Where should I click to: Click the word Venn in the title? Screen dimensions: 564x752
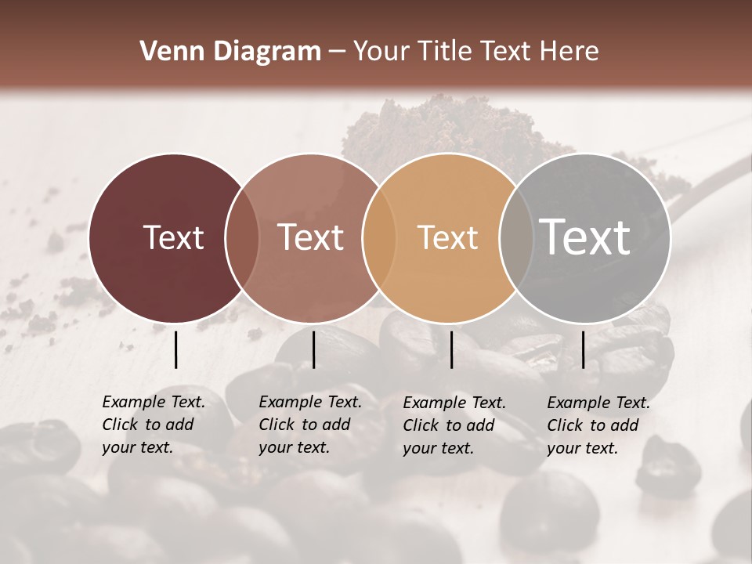pyautogui.click(x=170, y=52)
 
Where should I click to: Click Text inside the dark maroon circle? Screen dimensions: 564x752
pyautogui.click(x=173, y=237)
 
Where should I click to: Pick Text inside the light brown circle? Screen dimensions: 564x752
pyautogui.click(x=310, y=237)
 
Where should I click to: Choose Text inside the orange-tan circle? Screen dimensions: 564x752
pyautogui.click(x=447, y=237)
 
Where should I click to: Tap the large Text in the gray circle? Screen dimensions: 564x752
pyautogui.click(x=585, y=237)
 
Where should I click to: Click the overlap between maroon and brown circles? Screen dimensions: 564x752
pyautogui.click(x=242, y=238)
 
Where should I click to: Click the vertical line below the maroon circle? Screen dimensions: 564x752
pyautogui.click(x=175, y=349)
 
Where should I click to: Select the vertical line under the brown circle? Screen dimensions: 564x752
pyautogui.click(x=313, y=349)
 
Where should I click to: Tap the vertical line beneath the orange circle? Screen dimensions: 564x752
pyautogui.click(x=451, y=349)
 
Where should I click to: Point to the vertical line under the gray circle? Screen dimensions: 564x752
pyautogui.click(x=583, y=349)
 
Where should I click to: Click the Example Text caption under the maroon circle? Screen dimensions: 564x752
pyautogui.click(x=153, y=425)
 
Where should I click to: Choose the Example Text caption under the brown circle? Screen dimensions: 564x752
pyautogui.click(x=309, y=425)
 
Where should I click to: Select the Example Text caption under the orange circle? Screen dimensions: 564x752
pyautogui.click(x=454, y=425)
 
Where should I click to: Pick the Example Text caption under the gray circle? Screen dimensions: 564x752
pyautogui.click(x=598, y=425)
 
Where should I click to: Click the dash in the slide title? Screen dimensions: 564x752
pyautogui.click(x=337, y=52)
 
